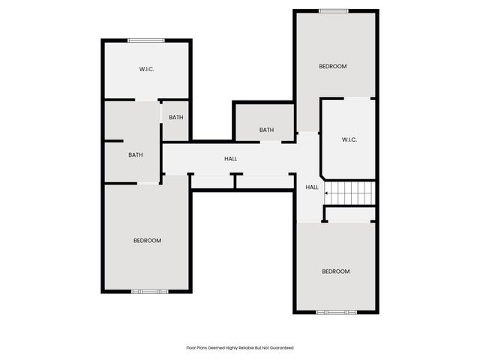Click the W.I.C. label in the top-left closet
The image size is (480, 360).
(147, 70)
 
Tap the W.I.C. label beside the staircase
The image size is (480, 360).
(349, 139)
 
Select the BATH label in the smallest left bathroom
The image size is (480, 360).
(176, 117)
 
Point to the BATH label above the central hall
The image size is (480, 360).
(266, 130)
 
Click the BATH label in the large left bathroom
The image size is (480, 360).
(136, 155)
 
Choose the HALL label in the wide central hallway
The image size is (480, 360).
(231, 159)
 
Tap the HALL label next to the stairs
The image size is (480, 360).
(312, 187)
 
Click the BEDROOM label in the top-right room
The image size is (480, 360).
(333, 67)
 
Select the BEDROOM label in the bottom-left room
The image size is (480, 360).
(147, 241)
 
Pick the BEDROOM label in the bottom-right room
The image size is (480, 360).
(335, 271)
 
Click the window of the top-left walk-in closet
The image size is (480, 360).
(145, 40)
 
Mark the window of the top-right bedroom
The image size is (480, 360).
(333, 10)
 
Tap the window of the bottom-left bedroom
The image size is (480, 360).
(145, 291)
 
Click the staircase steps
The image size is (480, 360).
(351, 193)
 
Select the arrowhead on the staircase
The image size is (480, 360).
(326, 193)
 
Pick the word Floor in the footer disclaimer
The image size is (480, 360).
(190, 348)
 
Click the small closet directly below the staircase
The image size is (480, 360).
(350, 214)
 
